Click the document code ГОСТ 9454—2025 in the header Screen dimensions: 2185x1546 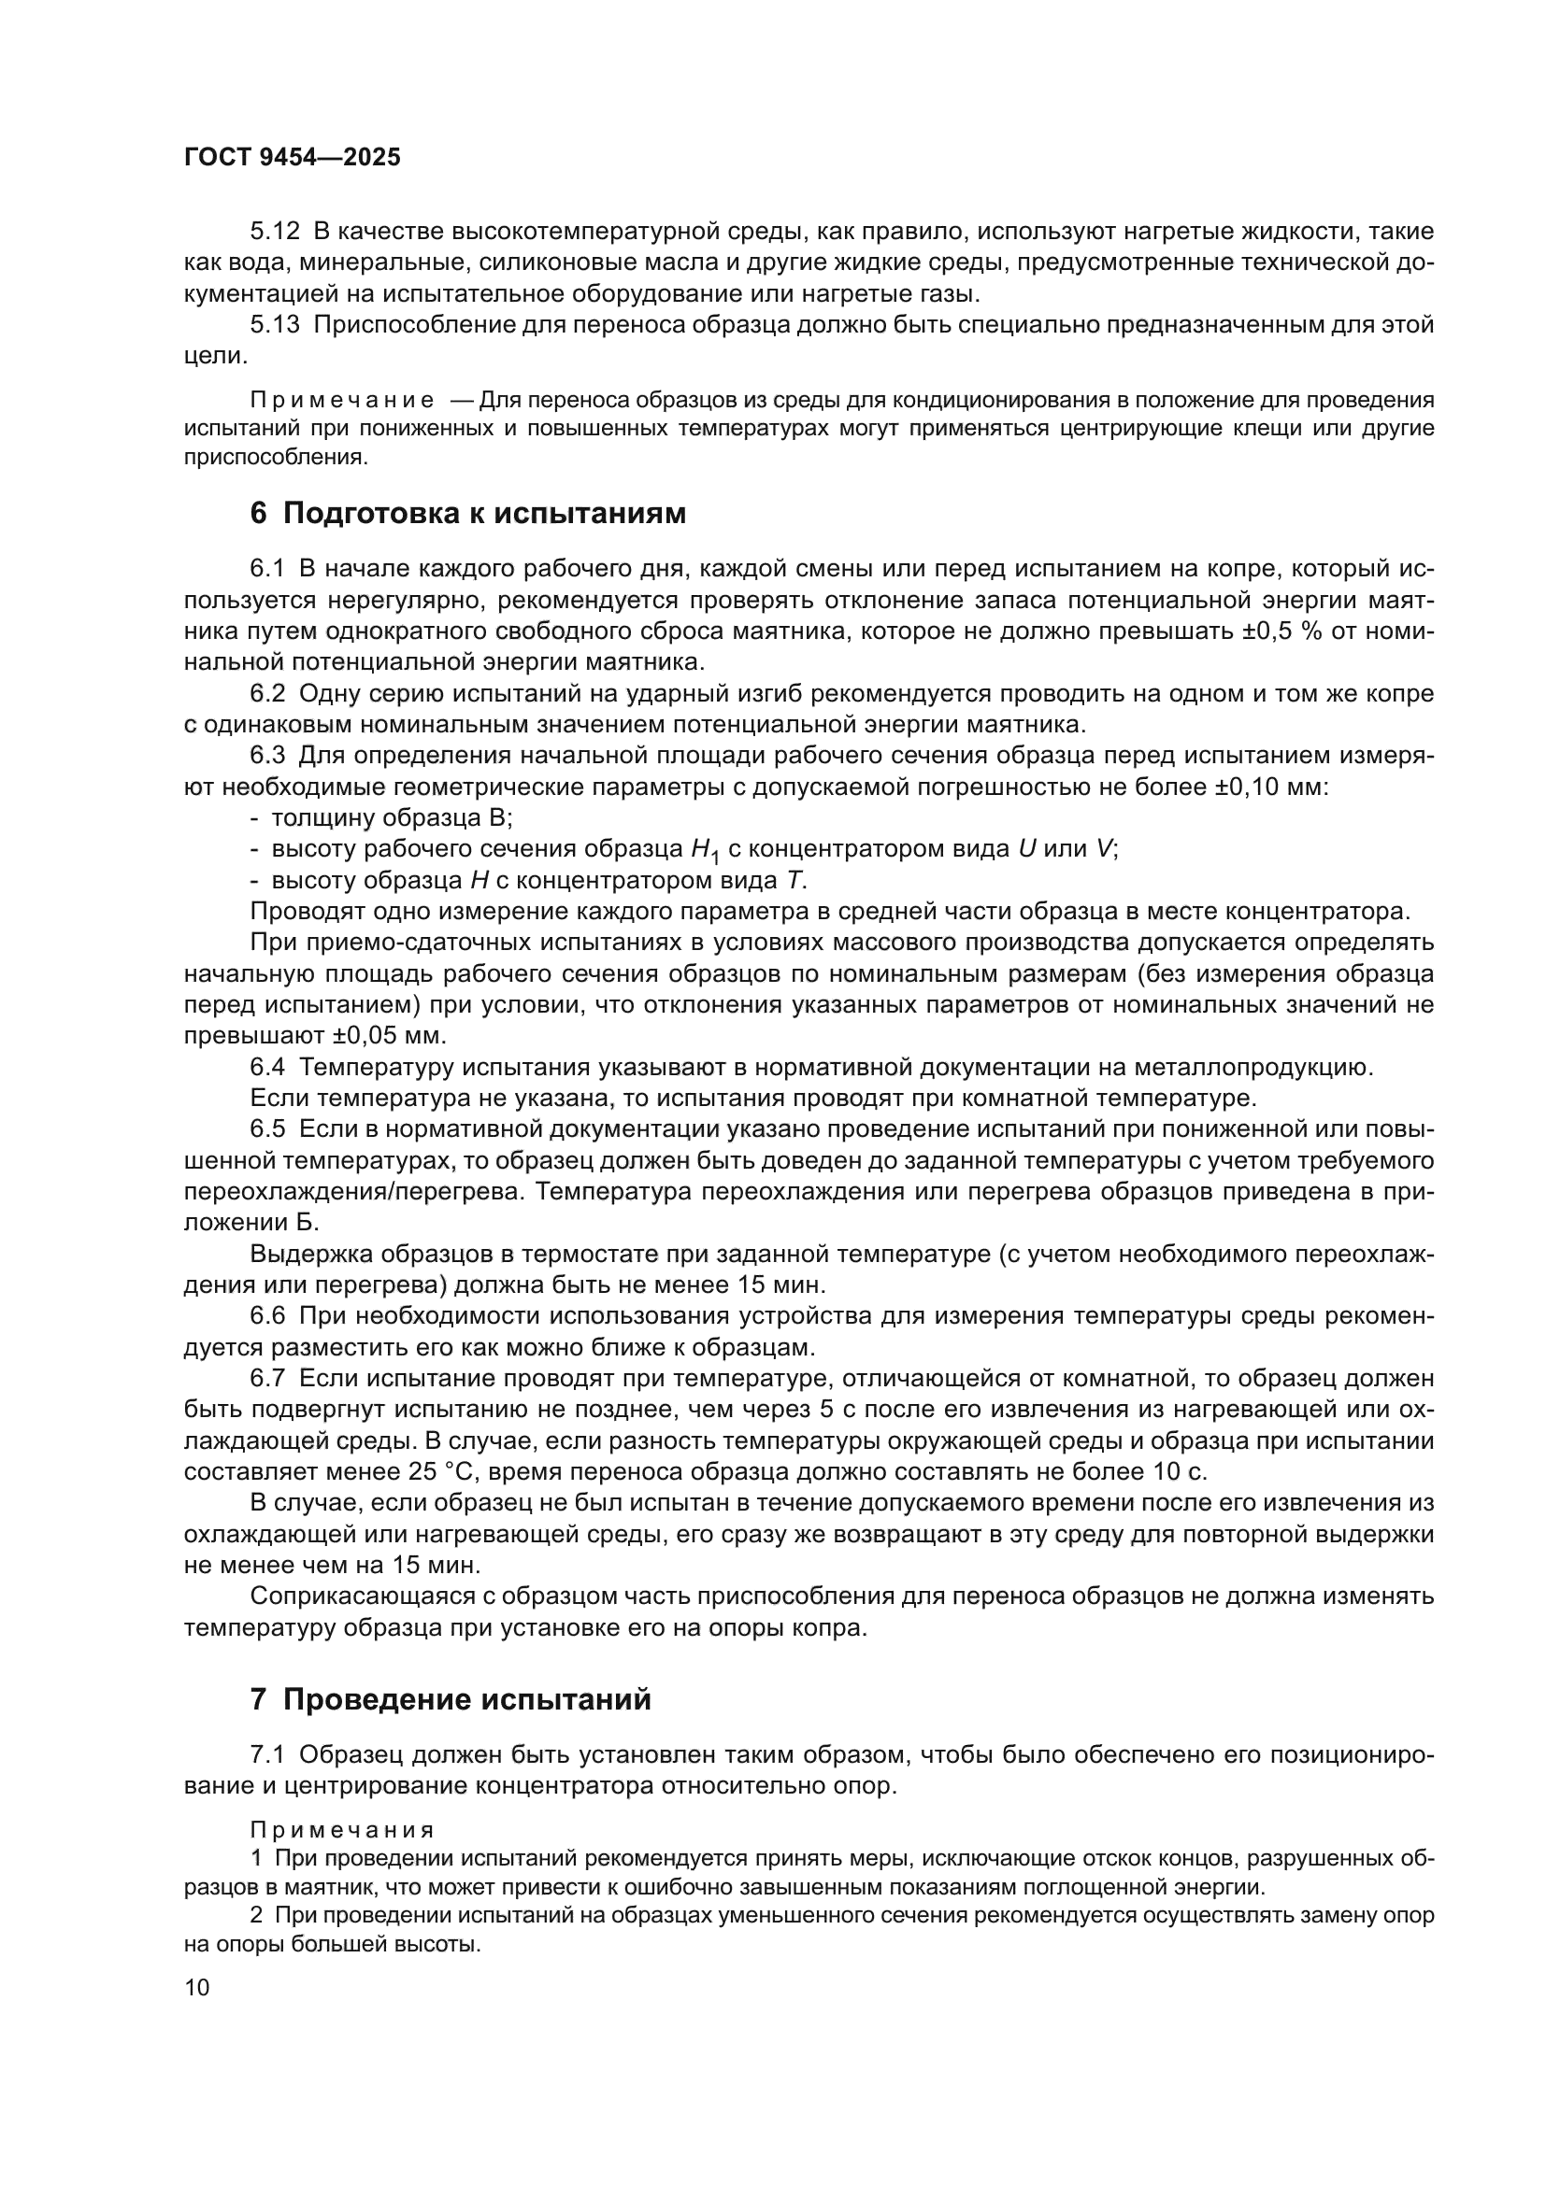pos(293,158)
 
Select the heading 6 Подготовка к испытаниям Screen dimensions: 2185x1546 pos(467,514)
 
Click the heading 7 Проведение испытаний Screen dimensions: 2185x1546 pos(451,1699)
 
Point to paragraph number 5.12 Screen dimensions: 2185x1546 pos(274,232)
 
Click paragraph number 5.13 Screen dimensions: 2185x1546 pos(274,324)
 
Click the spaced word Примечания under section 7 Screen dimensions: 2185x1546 pos(342,1830)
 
